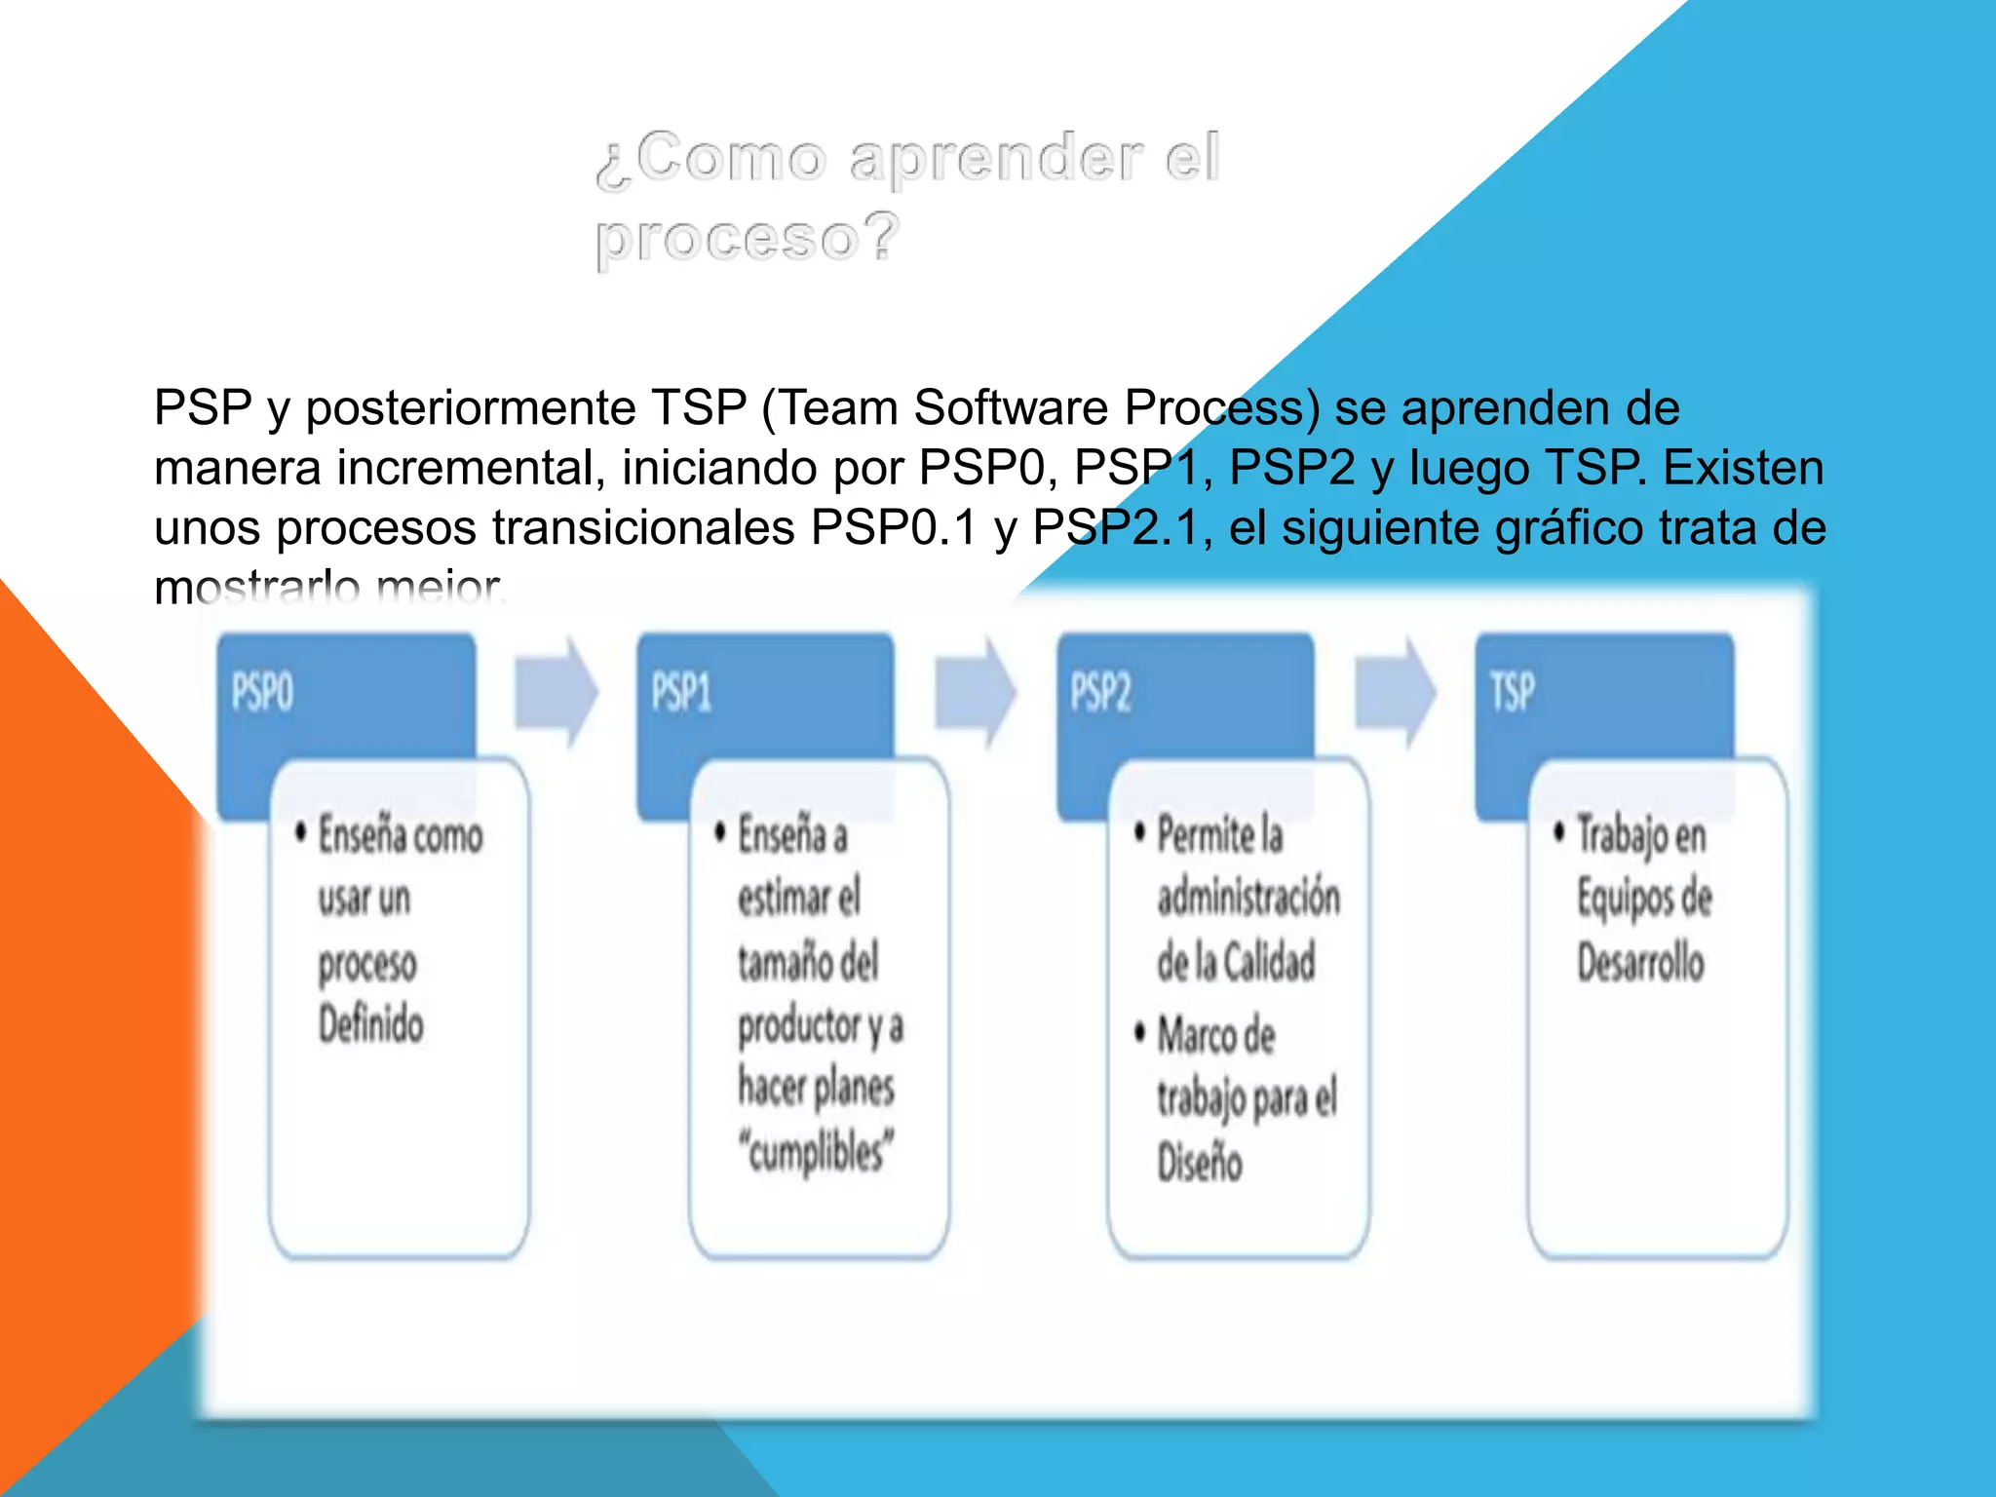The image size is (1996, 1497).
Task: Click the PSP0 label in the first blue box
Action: coord(262,693)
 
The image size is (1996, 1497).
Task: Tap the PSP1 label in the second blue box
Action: coord(681,693)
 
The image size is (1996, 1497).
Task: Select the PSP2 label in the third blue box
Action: coord(1100,693)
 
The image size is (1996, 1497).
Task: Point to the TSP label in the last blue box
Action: coord(1512,693)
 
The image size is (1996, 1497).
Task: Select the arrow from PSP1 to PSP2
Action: coord(975,692)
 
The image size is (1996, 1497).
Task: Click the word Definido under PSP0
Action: coord(371,1025)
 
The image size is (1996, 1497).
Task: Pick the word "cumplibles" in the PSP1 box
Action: coord(816,1152)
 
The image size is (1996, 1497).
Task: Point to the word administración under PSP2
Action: coord(1248,898)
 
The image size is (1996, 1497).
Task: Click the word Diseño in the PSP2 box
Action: coord(1200,1163)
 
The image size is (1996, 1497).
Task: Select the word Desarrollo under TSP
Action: coord(1641,962)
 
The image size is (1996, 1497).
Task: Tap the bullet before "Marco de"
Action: coord(1139,1032)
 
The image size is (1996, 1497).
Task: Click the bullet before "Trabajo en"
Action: coord(1559,831)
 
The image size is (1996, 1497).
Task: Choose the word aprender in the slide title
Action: coord(995,159)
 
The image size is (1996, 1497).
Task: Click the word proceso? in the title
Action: coord(747,239)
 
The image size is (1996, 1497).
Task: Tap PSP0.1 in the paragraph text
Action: coord(894,528)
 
